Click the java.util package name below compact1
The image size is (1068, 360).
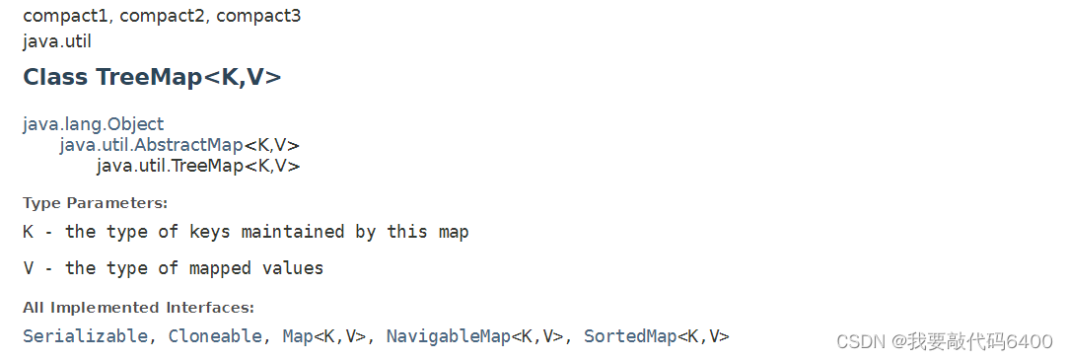pos(56,41)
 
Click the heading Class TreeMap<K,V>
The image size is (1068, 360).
pos(152,78)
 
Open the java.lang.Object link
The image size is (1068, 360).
pos(94,124)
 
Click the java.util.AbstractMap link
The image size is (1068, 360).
pos(151,145)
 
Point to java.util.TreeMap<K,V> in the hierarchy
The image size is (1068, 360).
pos(197,166)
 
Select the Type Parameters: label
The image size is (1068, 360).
pos(95,203)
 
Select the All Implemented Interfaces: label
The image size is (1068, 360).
pos(138,308)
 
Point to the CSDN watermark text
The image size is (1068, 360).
pos(944,341)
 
